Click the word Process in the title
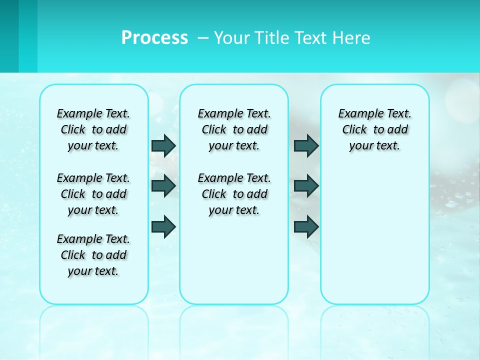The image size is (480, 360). pyautogui.click(x=154, y=37)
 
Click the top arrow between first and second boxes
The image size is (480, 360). pyautogui.click(x=163, y=145)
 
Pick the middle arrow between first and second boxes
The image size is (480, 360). pyautogui.click(x=163, y=186)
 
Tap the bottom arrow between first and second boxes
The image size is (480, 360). pyautogui.click(x=163, y=226)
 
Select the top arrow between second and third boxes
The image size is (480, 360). pyautogui.click(x=306, y=145)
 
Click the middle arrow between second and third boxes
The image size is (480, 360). pyautogui.click(x=306, y=186)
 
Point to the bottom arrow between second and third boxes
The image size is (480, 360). pyautogui.click(x=306, y=226)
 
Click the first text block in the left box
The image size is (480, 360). pyautogui.click(x=93, y=129)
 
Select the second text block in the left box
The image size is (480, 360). pyautogui.click(x=93, y=194)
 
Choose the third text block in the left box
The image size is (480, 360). pyautogui.click(x=93, y=255)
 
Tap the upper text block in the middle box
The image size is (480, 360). pyautogui.click(x=234, y=129)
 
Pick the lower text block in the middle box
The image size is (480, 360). pyautogui.click(x=234, y=194)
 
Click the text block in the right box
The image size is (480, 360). pyautogui.click(x=374, y=129)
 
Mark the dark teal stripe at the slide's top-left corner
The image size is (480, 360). pyautogui.click(x=9, y=36)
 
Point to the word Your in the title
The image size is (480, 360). pyautogui.click(x=231, y=37)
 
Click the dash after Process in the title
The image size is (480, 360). pyautogui.click(x=202, y=38)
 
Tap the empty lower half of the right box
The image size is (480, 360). pyautogui.click(x=374, y=240)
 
